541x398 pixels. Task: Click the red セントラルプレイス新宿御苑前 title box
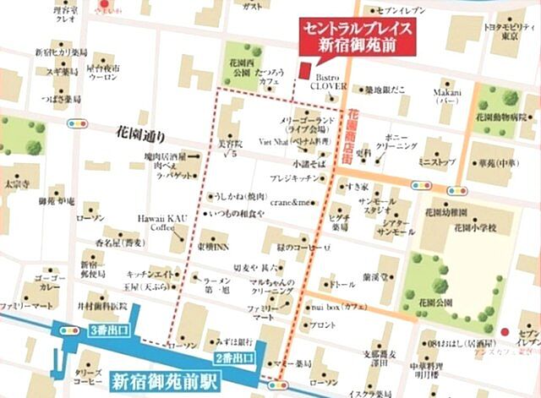[360, 36]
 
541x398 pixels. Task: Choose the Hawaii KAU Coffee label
[162, 222]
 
